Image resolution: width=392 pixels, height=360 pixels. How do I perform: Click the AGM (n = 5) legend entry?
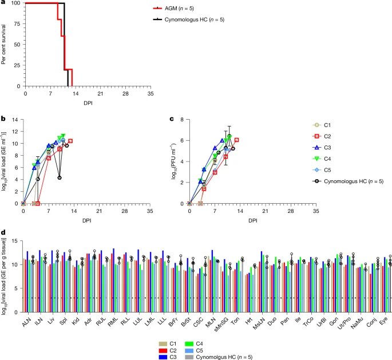coord(179,9)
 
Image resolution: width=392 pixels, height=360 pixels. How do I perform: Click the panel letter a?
coord(3,3)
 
